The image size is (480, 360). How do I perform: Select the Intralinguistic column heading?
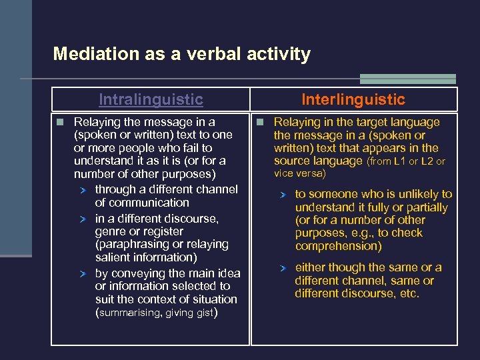pyautogui.click(x=151, y=99)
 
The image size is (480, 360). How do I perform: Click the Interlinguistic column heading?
pyautogui.click(x=353, y=99)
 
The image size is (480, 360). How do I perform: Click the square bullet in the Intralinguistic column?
pyautogui.click(x=60, y=122)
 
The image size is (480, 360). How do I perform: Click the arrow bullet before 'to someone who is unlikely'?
pyautogui.click(x=283, y=195)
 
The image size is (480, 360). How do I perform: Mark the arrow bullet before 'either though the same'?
pyautogui.click(x=283, y=268)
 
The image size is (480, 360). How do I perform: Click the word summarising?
pyautogui.click(x=131, y=313)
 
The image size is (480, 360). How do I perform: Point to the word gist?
pyautogui.click(x=203, y=313)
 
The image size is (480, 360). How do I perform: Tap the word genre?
pyautogui.click(x=111, y=231)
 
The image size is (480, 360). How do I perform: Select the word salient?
pyautogui.click(x=114, y=257)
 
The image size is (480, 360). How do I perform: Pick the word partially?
pyautogui.click(x=425, y=207)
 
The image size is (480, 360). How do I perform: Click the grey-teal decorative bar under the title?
pyautogui.click(x=408, y=79)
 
